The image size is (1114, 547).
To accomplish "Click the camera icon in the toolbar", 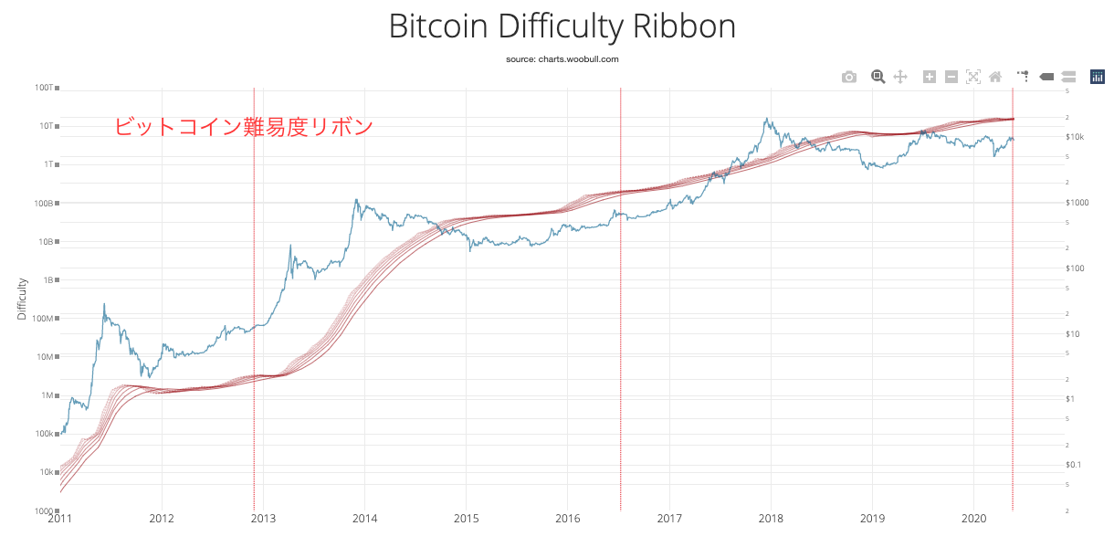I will [x=849, y=77].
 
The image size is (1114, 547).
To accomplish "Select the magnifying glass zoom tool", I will [x=878, y=77].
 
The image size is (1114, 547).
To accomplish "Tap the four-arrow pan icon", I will [x=900, y=77].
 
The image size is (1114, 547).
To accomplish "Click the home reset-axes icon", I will [x=995, y=77].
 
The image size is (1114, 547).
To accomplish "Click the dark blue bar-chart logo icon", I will [x=1098, y=77].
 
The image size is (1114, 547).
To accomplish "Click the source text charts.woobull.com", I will [x=562, y=58].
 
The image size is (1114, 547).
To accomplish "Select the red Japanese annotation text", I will [x=244, y=127].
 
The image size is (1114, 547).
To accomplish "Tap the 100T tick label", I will [x=44, y=88].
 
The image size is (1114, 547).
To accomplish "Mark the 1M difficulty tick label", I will [x=46, y=395].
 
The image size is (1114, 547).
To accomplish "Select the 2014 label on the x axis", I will [x=364, y=520].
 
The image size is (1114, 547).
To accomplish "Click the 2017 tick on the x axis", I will [x=669, y=520].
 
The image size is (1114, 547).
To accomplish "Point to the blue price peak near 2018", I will [x=767, y=120].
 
